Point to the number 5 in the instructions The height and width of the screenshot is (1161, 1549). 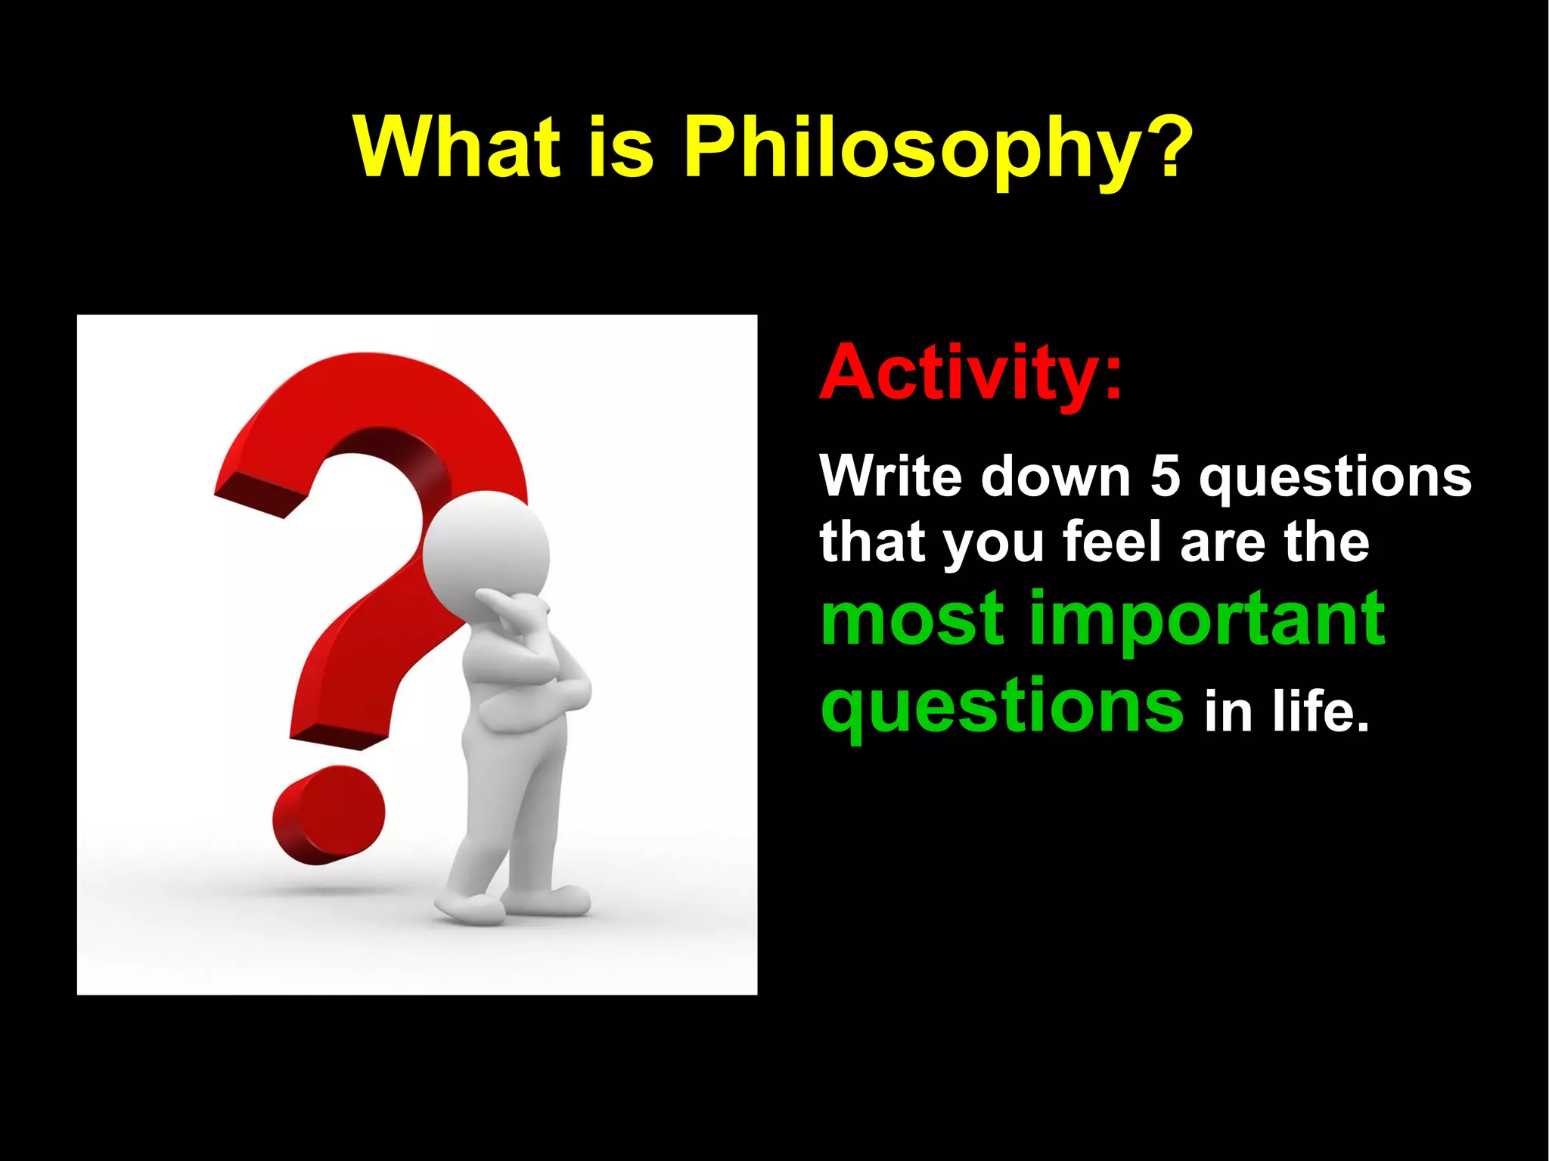(x=1165, y=477)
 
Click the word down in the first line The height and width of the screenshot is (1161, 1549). (x=1056, y=477)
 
